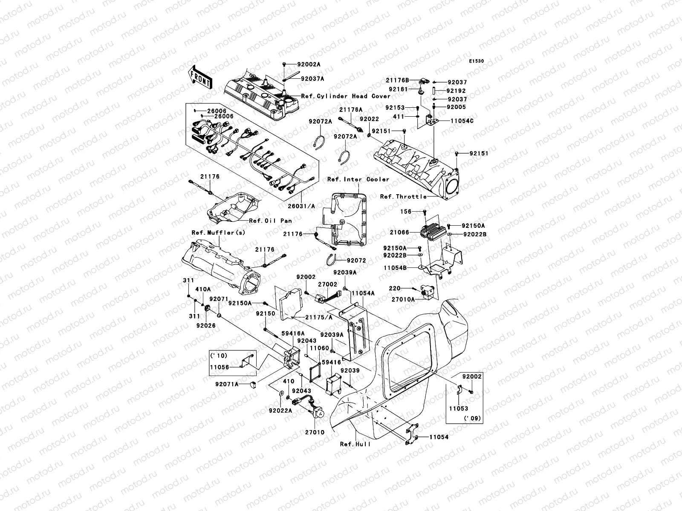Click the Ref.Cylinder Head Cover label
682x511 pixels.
pyautogui.click(x=346, y=96)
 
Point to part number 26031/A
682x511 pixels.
pyautogui.click(x=304, y=206)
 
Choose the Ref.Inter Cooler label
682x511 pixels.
pyautogui.click(x=358, y=179)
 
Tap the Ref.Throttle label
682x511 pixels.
pyautogui.click(x=403, y=196)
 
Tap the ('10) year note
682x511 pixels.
pyautogui.click(x=218, y=356)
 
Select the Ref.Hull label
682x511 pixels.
pyautogui.click(x=355, y=444)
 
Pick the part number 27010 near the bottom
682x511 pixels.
pyautogui.click(x=314, y=432)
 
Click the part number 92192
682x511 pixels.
pyautogui.click(x=456, y=91)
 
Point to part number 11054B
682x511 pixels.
pyautogui.click(x=395, y=268)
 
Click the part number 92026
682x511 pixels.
pyautogui.click(x=206, y=326)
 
